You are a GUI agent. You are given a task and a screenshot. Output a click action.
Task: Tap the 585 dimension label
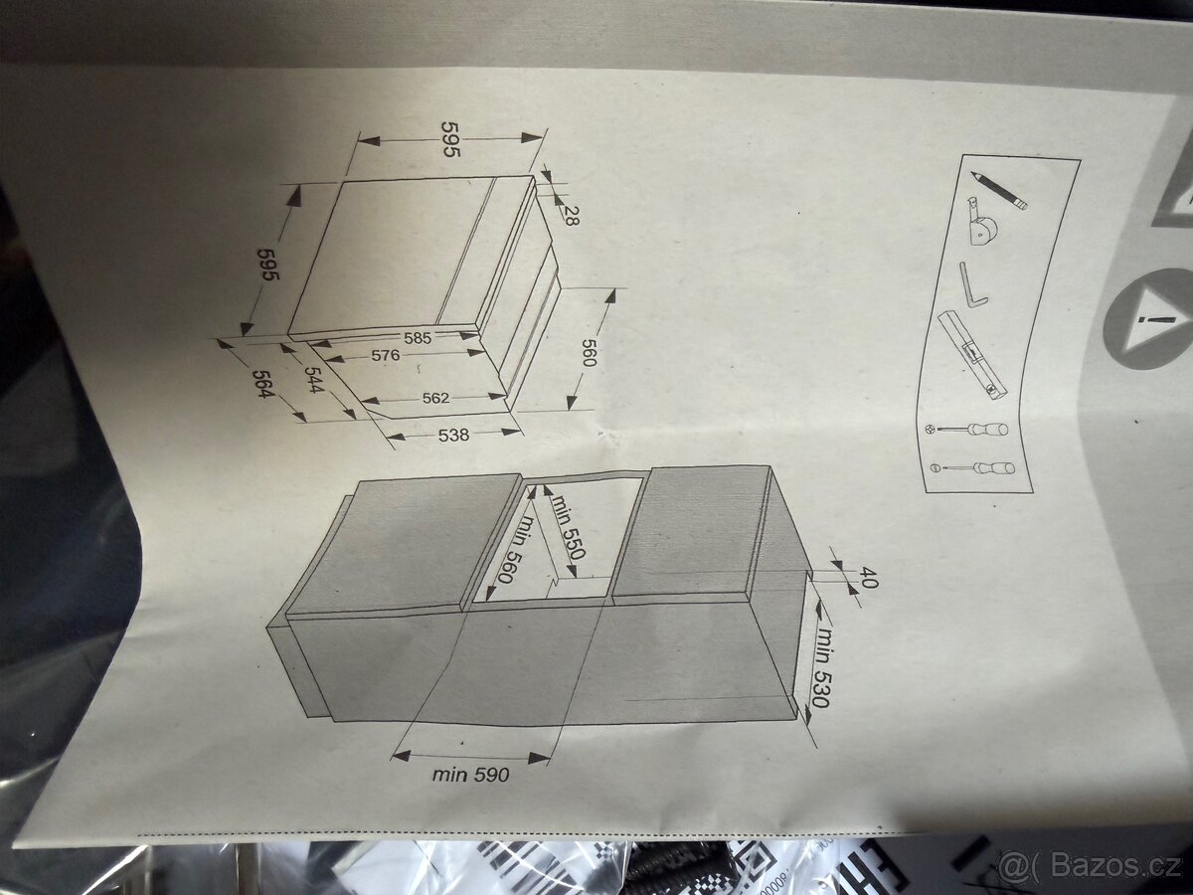pyautogui.click(x=418, y=338)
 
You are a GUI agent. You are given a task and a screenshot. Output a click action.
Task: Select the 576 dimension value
pyautogui.click(x=386, y=355)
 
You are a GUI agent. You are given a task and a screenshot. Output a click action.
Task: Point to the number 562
pyautogui.click(x=435, y=399)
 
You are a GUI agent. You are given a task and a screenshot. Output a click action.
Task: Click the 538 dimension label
pyautogui.click(x=453, y=435)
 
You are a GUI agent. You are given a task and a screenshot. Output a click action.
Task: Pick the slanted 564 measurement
pyautogui.click(x=262, y=384)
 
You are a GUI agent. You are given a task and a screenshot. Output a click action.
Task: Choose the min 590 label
pyautogui.click(x=470, y=774)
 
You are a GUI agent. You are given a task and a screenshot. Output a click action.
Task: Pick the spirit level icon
pyautogui.click(x=974, y=356)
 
